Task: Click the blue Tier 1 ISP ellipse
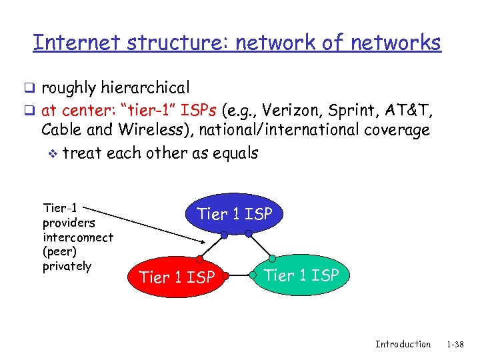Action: pyautogui.click(x=234, y=214)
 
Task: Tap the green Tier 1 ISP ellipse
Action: pyautogui.click(x=301, y=275)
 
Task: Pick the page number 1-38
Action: pyautogui.click(x=455, y=344)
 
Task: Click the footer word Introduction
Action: pyautogui.click(x=403, y=344)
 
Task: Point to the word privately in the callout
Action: pyautogui.click(x=67, y=266)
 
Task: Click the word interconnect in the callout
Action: pyautogui.click(x=78, y=237)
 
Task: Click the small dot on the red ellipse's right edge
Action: pyautogui.click(x=227, y=275)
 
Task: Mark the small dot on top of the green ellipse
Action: pyautogui.click(x=272, y=259)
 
